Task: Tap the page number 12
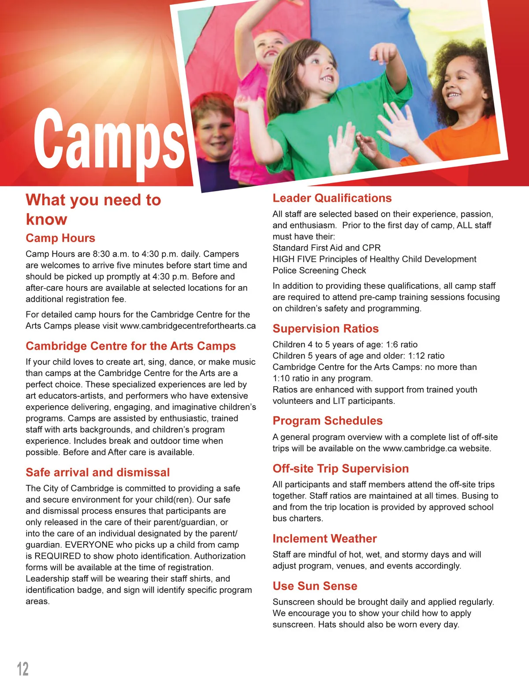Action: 22,669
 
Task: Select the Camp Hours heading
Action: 60,238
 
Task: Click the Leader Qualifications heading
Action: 332,198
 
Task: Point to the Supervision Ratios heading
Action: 325,329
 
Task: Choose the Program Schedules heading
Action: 328,421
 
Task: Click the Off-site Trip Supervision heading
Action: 340,469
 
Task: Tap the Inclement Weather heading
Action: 324,539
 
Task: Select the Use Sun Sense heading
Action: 315,586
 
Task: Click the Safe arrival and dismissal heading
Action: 97,473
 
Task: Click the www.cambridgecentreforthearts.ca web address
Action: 188,326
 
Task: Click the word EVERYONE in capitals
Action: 89,545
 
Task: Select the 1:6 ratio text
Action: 402,344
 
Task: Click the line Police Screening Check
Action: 319,270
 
